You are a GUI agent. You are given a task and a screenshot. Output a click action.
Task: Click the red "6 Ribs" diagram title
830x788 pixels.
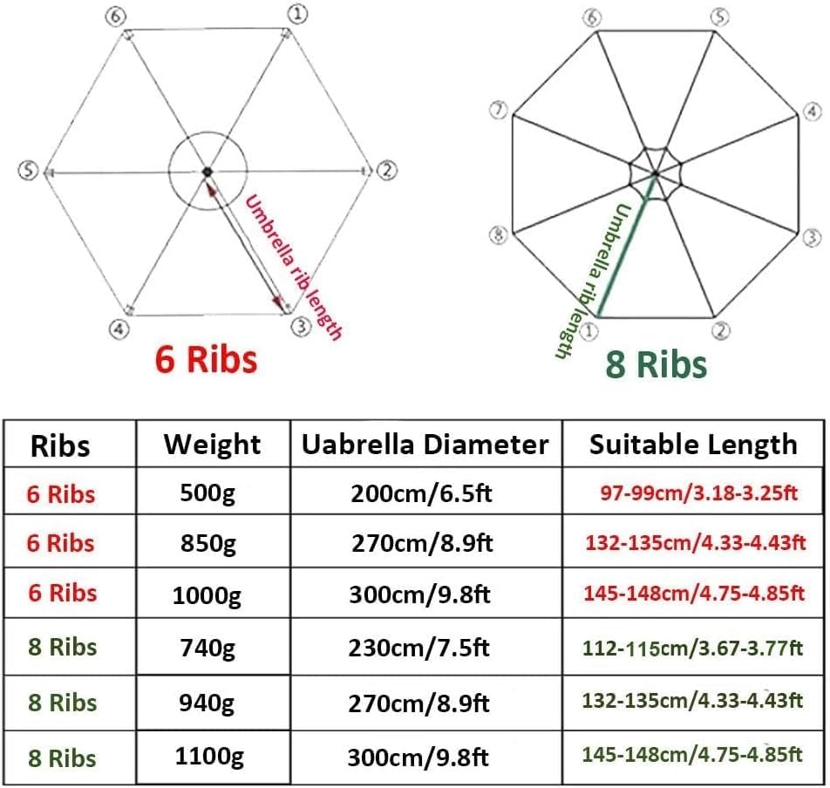206,359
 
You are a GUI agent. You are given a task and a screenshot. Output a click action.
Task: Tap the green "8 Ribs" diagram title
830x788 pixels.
656,364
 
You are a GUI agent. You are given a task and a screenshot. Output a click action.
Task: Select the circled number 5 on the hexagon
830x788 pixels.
29,170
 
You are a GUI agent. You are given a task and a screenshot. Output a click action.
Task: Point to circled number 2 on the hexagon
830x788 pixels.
387,170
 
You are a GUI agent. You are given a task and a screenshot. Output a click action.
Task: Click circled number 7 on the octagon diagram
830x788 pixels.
498,110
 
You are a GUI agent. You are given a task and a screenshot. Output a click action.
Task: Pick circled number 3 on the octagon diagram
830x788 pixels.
812,238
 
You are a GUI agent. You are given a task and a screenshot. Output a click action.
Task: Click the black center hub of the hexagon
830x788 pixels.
207,172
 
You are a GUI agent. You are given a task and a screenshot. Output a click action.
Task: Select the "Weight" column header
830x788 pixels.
212,444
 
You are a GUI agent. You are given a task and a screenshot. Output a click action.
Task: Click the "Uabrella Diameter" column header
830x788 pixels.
425,444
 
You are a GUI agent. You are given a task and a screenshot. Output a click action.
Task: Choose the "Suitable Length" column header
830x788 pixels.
693,444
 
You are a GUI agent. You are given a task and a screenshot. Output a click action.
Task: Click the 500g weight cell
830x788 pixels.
207,493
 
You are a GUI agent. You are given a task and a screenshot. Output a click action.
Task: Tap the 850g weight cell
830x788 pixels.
208,543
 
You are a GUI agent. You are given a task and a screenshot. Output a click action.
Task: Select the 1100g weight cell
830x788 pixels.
209,757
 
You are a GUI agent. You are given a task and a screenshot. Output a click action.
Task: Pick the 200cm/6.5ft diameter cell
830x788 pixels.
421,493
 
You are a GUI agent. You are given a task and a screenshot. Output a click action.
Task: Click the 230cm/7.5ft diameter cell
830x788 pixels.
418,648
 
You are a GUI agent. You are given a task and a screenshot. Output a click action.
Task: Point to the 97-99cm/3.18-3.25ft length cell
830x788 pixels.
698,493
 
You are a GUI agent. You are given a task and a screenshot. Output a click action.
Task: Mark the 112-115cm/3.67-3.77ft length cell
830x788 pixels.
692,649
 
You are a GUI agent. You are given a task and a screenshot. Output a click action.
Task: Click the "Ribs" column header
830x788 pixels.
60,445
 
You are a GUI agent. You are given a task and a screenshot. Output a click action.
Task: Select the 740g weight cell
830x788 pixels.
207,648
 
